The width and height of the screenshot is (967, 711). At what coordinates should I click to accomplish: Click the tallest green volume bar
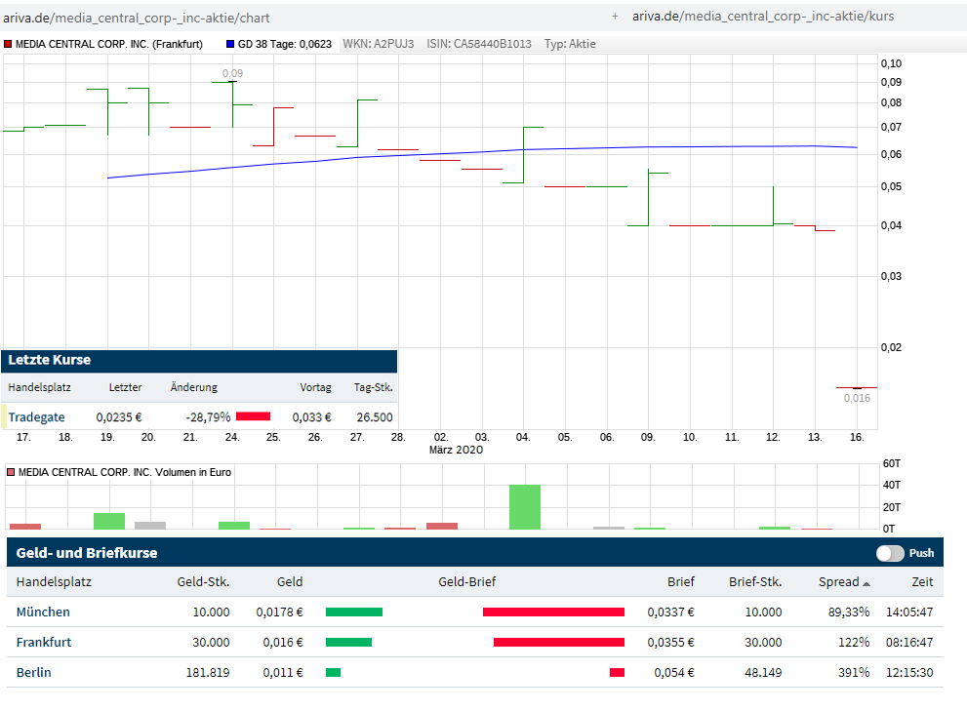(525, 507)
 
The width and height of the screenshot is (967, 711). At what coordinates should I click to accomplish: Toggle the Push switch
(890, 553)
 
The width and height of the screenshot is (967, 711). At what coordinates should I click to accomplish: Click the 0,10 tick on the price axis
(891, 63)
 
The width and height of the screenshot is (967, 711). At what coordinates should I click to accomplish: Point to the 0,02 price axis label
(891, 347)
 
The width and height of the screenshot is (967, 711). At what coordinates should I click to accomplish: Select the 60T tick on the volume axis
(890, 463)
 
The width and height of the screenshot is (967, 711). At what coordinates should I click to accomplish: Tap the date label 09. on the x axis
(648, 438)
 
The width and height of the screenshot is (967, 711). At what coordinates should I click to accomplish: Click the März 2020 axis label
(456, 450)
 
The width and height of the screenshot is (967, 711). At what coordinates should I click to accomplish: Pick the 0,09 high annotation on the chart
(233, 73)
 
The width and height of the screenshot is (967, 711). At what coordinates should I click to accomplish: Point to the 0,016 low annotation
(857, 398)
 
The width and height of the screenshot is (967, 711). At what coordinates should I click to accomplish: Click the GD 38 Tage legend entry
(284, 44)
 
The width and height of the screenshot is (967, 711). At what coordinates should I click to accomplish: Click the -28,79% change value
(208, 417)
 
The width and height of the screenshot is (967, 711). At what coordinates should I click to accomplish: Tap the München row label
(43, 612)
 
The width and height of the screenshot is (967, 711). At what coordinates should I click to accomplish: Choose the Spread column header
(838, 582)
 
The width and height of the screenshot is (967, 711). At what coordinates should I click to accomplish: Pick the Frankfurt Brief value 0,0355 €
(670, 643)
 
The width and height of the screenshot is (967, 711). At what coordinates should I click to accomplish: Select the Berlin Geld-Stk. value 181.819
(208, 673)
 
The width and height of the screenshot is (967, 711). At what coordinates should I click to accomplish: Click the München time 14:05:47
(909, 612)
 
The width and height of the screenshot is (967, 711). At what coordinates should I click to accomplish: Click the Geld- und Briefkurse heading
(87, 553)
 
